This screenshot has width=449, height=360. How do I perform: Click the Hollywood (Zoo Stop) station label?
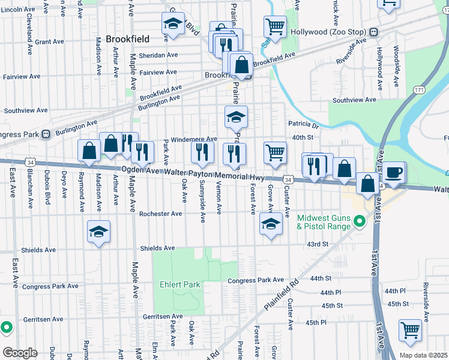tap(329, 31)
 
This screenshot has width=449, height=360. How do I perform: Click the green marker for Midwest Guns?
tap(360, 222)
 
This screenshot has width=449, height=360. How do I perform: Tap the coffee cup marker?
tap(394, 172)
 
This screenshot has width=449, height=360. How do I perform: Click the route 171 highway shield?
tap(418, 90)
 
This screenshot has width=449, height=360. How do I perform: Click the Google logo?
tap(20, 352)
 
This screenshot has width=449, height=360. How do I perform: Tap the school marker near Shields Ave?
tap(98, 232)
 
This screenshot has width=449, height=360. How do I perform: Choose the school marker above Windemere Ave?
tap(237, 117)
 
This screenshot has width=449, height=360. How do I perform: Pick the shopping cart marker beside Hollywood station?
tap(275, 26)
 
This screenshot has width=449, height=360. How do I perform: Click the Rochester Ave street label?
tap(160, 214)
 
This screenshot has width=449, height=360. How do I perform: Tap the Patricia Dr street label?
tap(303, 126)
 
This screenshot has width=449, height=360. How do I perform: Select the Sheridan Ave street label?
tap(158, 55)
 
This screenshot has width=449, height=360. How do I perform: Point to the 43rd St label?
tap(318, 244)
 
